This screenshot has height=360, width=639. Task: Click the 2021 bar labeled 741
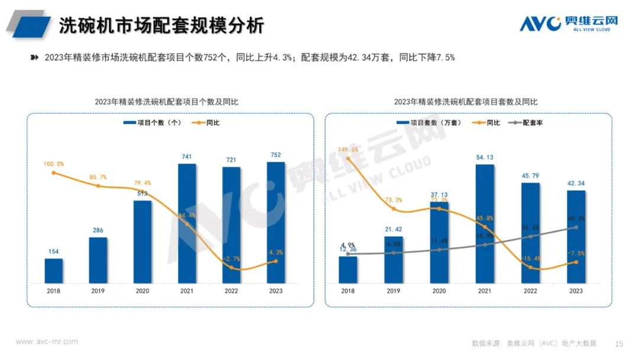click(x=187, y=223)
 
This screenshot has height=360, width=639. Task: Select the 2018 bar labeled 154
click(x=54, y=271)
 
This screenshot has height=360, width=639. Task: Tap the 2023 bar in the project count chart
click(x=276, y=222)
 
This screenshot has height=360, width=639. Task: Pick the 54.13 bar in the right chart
click(x=485, y=223)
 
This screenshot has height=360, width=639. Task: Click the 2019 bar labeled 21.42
click(x=393, y=259)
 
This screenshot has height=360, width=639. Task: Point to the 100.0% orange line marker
click(x=54, y=173)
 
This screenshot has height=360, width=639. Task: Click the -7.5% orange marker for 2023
click(x=576, y=262)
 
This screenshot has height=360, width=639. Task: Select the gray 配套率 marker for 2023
click(x=576, y=227)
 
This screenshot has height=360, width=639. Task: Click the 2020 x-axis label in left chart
click(x=143, y=291)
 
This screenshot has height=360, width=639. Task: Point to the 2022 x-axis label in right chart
click(x=530, y=291)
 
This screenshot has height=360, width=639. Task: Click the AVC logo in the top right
click(x=569, y=24)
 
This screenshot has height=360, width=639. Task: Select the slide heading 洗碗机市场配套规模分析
click(x=161, y=25)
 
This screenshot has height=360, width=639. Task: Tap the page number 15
click(x=619, y=343)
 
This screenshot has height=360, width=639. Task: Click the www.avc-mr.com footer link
click(x=47, y=342)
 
